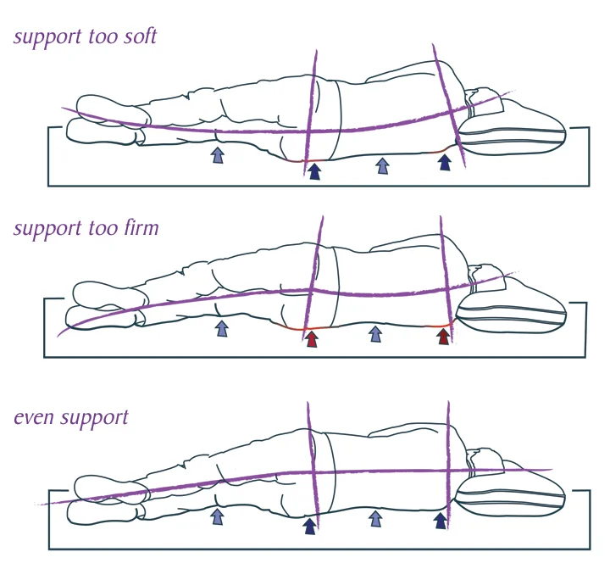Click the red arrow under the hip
click(312, 339)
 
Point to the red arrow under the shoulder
click(443, 337)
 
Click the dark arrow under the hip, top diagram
click(314, 171)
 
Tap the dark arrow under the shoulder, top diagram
click(446, 162)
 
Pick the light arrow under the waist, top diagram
click(382, 166)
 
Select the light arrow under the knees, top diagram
click(218, 154)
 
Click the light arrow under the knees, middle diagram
click(222, 327)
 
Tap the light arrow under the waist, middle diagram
click(375, 334)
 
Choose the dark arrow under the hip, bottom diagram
click(309, 526)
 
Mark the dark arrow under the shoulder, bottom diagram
click(441, 520)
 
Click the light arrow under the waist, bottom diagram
click(374, 518)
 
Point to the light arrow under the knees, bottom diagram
click(217, 516)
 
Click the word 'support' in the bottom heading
click(93, 419)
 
